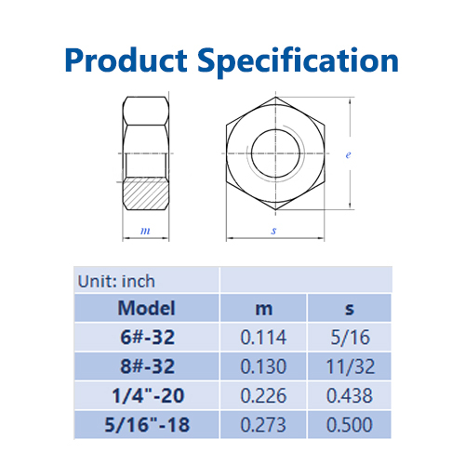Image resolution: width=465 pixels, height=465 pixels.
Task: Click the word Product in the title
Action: pyautogui.click(x=126, y=60)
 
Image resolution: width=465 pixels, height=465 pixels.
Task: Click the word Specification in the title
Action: pyautogui.click(x=298, y=61)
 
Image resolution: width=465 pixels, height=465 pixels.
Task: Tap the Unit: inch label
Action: pyautogui.click(x=116, y=282)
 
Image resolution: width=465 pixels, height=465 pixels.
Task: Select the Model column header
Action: pyautogui.click(x=147, y=308)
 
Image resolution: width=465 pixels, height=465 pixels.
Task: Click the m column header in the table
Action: pyautogui.click(x=264, y=309)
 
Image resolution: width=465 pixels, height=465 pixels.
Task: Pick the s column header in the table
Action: pyautogui.click(x=350, y=309)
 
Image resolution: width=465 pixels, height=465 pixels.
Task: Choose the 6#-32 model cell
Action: pyautogui.click(x=147, y=338)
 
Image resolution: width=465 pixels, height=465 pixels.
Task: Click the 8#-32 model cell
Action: pyautogui.click(x=147, y=366)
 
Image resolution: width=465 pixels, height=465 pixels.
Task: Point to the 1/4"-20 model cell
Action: pyautogui.click(x=148, y=395)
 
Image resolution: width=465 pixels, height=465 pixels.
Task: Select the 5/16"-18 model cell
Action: pyautogui.click(x=147, y=424)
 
